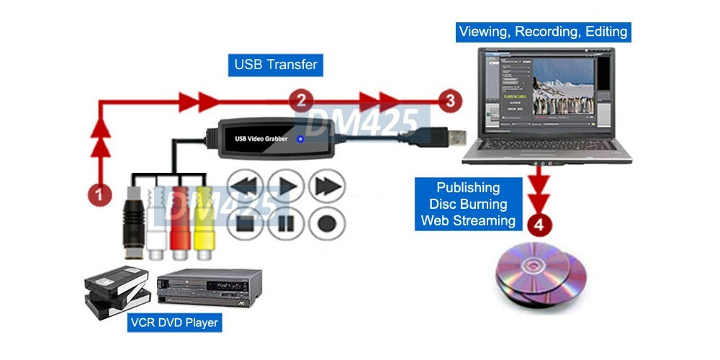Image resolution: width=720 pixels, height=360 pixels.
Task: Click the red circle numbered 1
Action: [100, 193]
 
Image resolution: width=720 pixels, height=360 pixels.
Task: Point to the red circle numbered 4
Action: [539, 223]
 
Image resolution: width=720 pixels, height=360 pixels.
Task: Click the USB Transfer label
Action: [276, 65]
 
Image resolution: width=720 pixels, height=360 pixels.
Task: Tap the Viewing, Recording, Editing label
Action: [543, 32]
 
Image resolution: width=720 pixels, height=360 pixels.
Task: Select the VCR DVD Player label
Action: [173, 323]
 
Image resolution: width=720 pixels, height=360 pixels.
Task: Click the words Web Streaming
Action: [469, 220]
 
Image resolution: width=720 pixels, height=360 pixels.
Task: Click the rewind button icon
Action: [246, 186]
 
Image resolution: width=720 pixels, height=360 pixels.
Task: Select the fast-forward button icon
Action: [327, 186]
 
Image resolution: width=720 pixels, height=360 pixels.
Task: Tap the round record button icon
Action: [327, 222]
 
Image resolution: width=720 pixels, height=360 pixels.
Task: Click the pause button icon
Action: [287, 222]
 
